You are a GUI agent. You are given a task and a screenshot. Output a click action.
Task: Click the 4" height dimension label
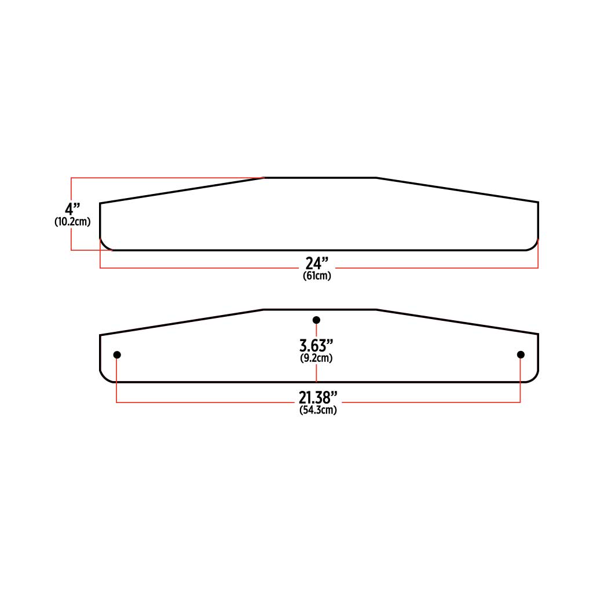pyautogui.click(x=72, y=208)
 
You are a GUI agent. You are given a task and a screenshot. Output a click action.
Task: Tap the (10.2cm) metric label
pyautogui.click(x=72, y=222)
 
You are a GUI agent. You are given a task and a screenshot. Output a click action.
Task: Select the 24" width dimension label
pyautogui.click(x=317, y=263)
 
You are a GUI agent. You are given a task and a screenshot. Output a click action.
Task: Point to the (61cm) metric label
pyautogui.click(x=317, y=276)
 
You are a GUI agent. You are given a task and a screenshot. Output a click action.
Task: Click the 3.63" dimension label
pyautogui.click(x=316, y=346)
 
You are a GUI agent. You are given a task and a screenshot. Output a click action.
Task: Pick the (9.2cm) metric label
pyautogui.click(x=316, y=358)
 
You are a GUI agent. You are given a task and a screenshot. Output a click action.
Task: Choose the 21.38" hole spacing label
pyautogui.click(x=318, y=398)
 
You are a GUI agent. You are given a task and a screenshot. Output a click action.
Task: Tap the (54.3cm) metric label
pyautogui.click(x=318, y=411)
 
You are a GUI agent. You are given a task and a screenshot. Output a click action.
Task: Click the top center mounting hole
pyautogui.click(x=316, y=320)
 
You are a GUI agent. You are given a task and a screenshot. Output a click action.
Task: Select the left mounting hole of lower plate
pyautogui.click(x=117, y=354)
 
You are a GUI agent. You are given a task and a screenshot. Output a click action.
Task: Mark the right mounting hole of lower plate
pyautogui.click(x=521, y=354)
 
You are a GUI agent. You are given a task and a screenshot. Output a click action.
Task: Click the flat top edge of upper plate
pyautogui.click(x=320, y=178)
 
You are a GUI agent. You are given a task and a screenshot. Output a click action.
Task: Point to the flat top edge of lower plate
pyautogui.click(x=320, y=310)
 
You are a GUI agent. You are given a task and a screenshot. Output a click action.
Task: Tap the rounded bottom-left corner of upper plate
pyautogui.click(x=104, y=246)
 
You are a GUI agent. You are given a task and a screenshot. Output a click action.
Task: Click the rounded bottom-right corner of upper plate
pyautogui.click(x=535, y=246)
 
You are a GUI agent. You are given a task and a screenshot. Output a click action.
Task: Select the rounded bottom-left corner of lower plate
pyautogui.click(x=104, y=378)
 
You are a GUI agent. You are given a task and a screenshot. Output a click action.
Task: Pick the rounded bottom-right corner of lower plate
pyautogui.click(x=535, y=378)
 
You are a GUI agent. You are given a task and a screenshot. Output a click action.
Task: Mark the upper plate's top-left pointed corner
pyautogui.click(x=101, y=203)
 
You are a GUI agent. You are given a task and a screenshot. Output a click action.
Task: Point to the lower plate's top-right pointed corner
pyautogui.click(x=538, y=334)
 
